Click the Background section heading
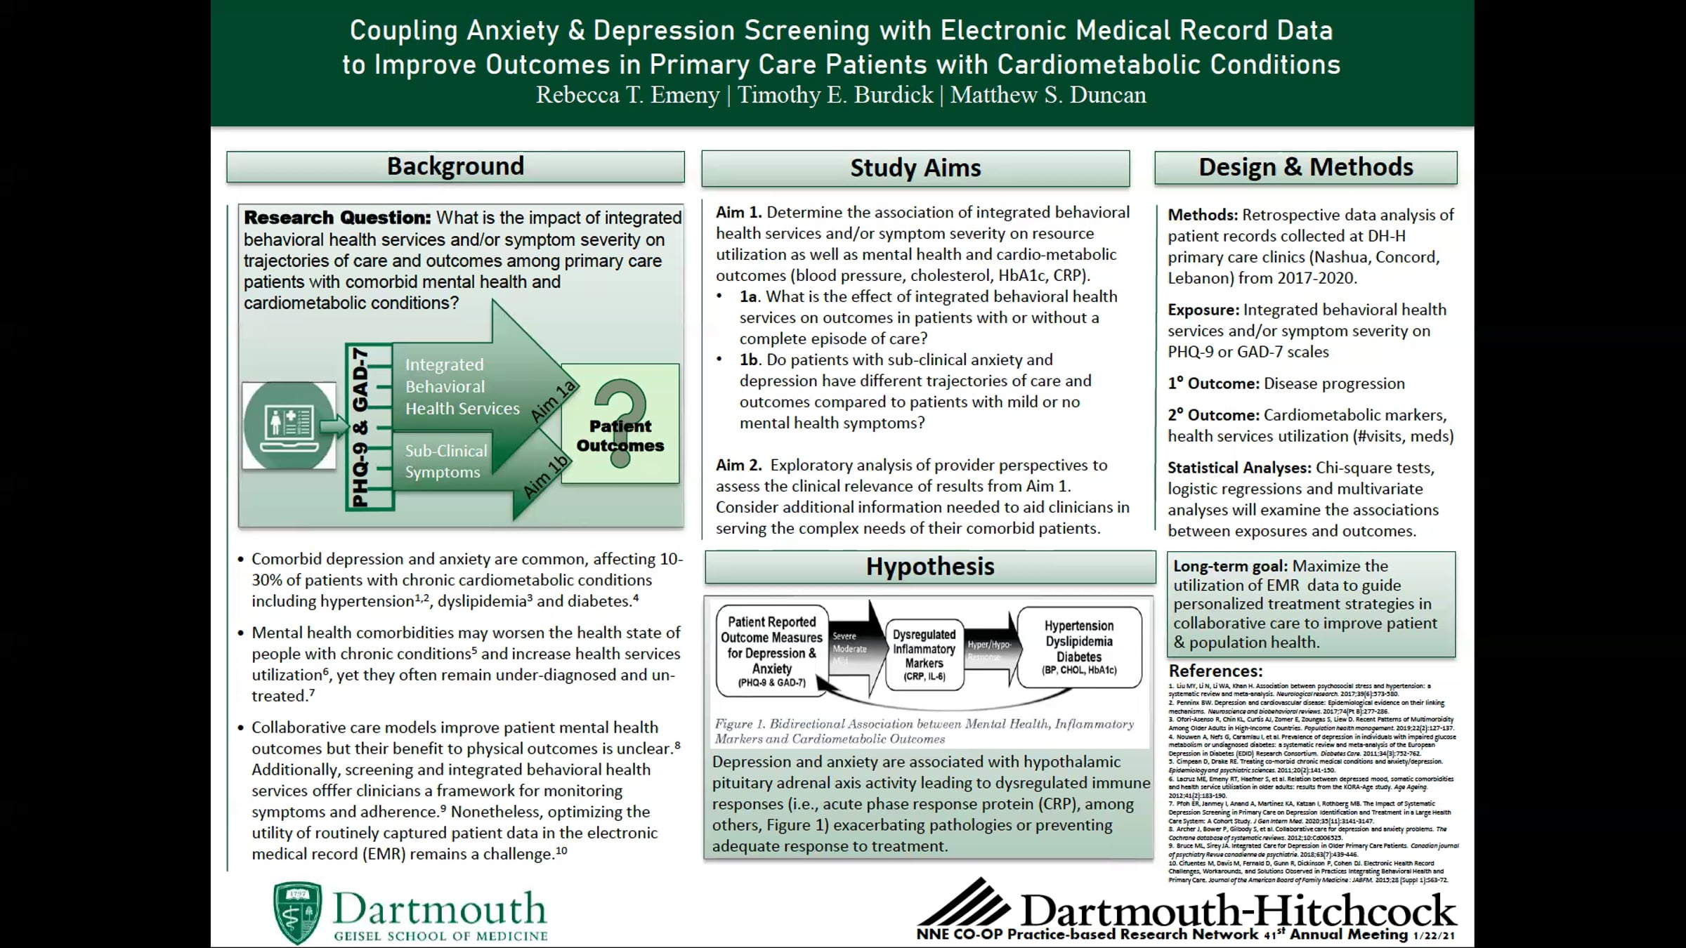[455, 166]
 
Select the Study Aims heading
[915, 168]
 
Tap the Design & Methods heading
[1305, 167]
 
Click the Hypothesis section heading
[929, 566]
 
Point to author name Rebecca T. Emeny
[627, 95]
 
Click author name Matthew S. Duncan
[1048, 95]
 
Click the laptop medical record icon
[289, 425]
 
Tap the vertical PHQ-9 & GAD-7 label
[360, 426]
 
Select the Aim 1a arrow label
[553, 402]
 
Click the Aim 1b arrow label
[546, 476]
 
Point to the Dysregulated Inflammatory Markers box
[924, 654]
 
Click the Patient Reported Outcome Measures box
[771, 651]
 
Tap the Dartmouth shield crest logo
[297, 912]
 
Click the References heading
[1215, 671]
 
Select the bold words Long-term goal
[1229, 566]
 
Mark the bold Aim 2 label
[738, 465]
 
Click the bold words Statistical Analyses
[1239, 468]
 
